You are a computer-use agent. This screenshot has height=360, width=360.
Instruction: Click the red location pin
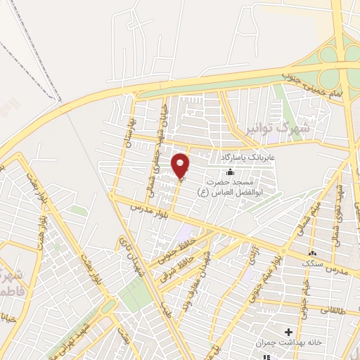click(x=181, y=166)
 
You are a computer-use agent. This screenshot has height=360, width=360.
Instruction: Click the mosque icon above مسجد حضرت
click(x=230, y=172)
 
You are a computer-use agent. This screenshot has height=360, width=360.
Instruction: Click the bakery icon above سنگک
click(x=312, y=252)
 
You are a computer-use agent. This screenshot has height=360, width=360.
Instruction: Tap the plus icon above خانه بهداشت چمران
click(x=288, y=331)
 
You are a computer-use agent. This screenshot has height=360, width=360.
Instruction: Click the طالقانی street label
click(x=333, y=308)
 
